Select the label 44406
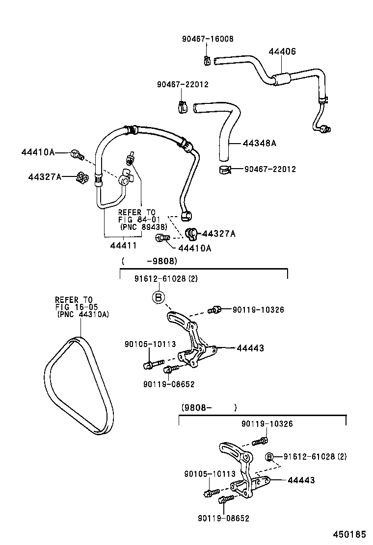tap(282, 51)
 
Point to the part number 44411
tap(123, 245)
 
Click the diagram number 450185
tap(349, 533)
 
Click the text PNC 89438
tap(143, 227)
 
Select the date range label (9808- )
tap(209, 407)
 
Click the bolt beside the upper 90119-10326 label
tap(214, 309)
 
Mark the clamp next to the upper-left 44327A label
tap(82, 177)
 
